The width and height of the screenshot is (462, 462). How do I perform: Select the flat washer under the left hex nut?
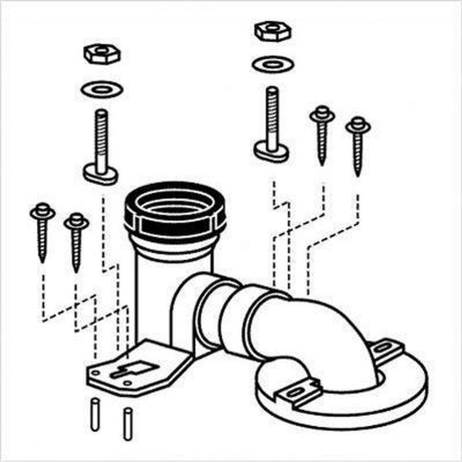click(101, 89)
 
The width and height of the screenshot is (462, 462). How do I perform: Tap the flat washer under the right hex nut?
click(272, 64)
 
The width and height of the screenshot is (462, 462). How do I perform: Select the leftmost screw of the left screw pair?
click(43, 231)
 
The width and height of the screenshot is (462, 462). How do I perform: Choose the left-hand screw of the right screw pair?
click(322, 134)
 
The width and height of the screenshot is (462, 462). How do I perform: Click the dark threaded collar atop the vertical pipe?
click(175, 210)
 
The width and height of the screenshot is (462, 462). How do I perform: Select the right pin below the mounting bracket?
click(127, 423)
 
